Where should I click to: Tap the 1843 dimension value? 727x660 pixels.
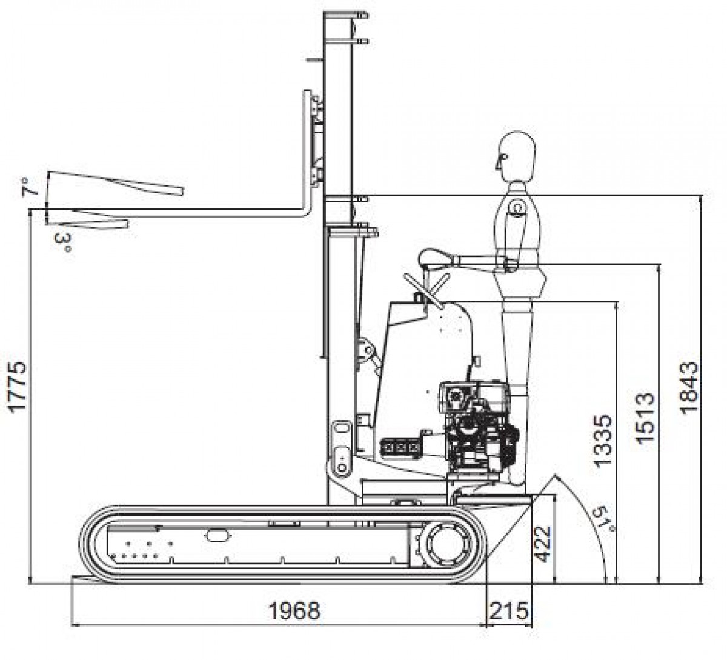689,388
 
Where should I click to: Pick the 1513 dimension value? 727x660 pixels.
646,418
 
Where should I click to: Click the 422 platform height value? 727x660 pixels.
543,543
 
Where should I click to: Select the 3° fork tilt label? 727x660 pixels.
63,244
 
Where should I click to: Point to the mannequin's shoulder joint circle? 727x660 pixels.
516,208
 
